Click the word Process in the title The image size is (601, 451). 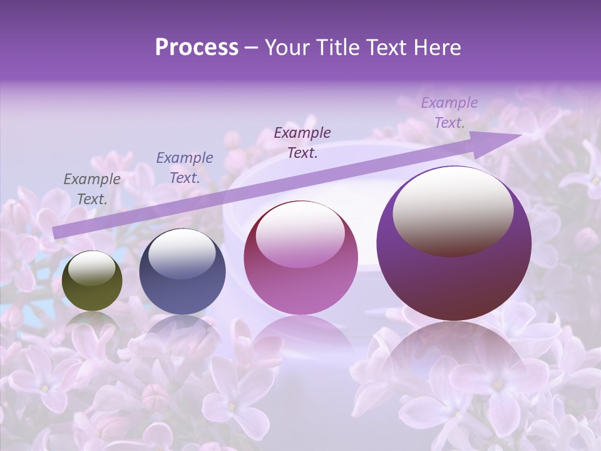coord(197,48)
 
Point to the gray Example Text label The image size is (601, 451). coord(92,189)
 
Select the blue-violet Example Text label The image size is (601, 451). coord(185,168)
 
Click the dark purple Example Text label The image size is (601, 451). coord(302,143)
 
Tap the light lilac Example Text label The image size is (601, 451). coord(449,113)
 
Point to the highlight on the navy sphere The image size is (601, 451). coord(182,252)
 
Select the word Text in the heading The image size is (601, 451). coord(386,48)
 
